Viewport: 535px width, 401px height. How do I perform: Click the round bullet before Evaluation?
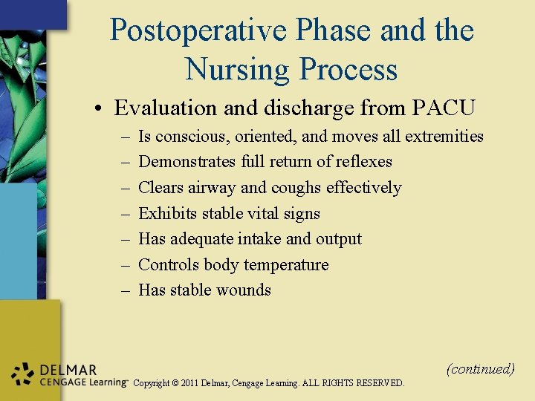point(98,108)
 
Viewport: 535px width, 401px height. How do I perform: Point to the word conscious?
point(191,137)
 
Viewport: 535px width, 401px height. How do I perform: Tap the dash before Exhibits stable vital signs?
point(123,214)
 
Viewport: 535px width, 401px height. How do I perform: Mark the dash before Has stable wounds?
point(123,290)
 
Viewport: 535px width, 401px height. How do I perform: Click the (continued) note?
point(480,369)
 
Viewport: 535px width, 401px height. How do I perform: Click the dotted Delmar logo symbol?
point(24,375)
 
